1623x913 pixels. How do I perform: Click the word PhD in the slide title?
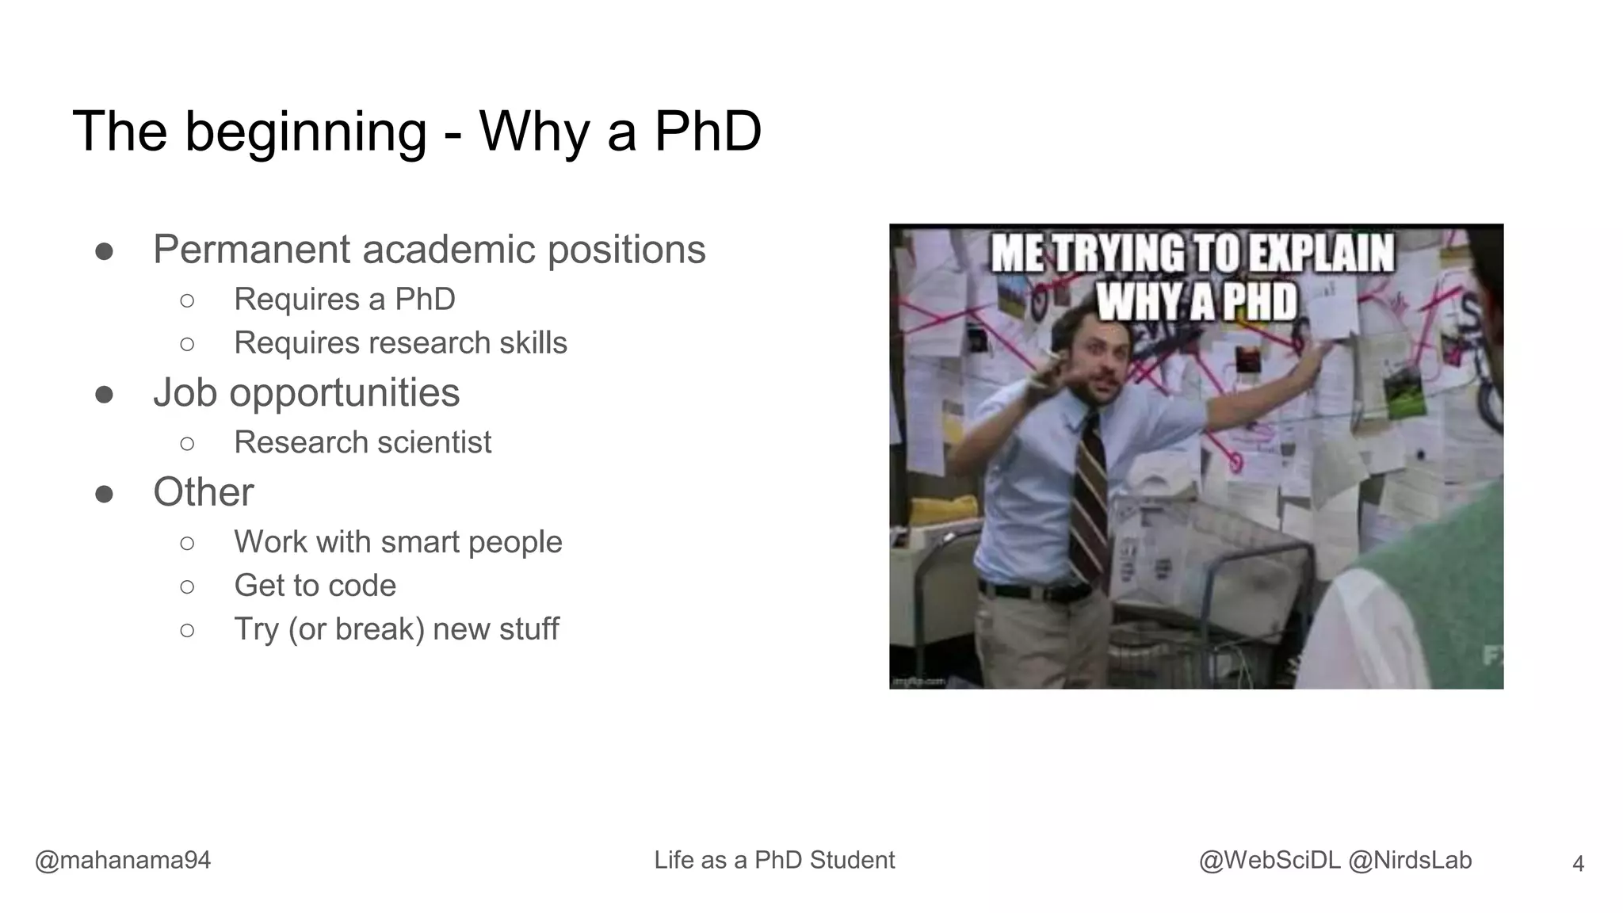[707, 132]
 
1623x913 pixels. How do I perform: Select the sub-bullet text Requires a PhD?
[344, 300]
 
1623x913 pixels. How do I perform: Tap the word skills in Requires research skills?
[533, 343]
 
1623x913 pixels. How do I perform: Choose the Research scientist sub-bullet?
[362, 442]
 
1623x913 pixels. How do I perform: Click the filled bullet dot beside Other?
[104, 494]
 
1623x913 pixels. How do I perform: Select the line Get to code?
[315, 586]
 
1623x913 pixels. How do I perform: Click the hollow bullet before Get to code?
[187, 586]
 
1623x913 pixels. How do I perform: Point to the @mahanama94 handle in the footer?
[123, 860]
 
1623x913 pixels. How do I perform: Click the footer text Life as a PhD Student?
[774, 860]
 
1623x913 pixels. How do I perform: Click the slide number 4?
[1577, 863]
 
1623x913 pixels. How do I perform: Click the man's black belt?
[1030, 590]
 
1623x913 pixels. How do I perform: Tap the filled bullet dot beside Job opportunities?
[104, 394]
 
